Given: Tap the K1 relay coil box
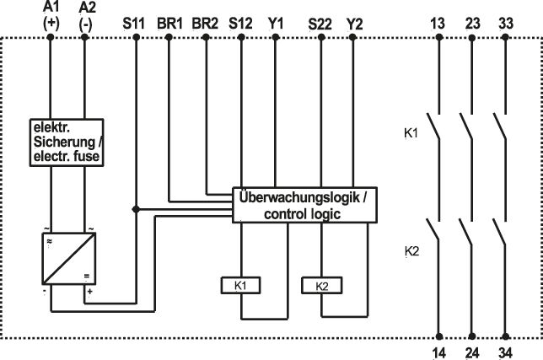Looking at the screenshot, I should (x=241, y=286).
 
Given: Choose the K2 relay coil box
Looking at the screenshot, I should (x=320, y=286).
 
